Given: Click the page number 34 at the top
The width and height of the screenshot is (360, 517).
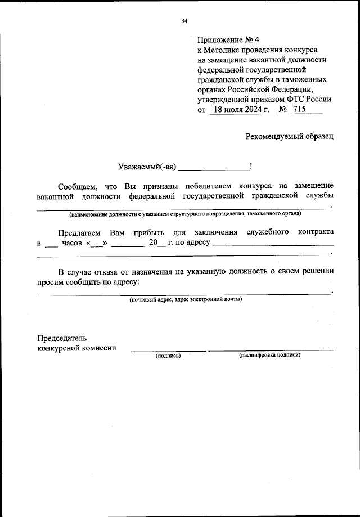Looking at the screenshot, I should coord(184,21).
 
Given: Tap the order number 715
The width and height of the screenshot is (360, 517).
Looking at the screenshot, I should coord(299,110).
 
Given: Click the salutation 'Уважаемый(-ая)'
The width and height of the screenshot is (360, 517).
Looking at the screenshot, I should coord(147,167).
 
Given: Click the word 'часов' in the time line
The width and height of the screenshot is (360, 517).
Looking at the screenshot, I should coord(71,243).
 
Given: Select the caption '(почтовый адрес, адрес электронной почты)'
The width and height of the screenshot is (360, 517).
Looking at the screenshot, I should coord(186,299).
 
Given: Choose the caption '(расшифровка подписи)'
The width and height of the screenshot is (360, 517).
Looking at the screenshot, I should coord(269,356).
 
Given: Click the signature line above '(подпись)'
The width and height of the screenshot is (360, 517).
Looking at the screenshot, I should coord(168,350).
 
